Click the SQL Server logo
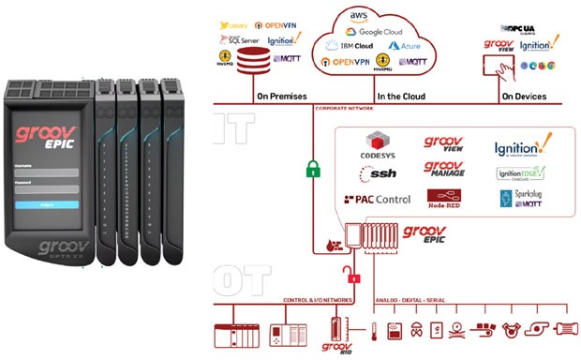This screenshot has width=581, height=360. (x=243, y=39)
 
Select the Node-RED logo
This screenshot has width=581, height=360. (x=445, y=200)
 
